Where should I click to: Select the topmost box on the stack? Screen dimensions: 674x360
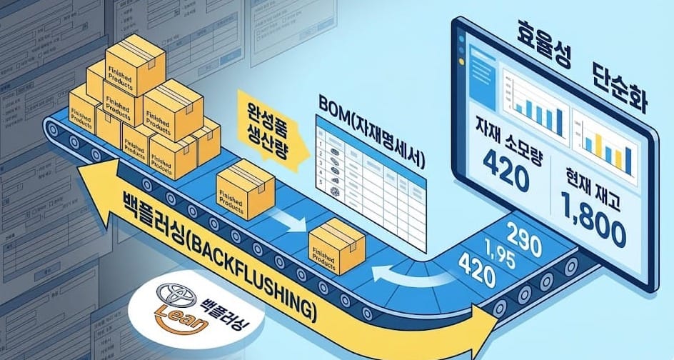pyautogui.click(x=134, y=61)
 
